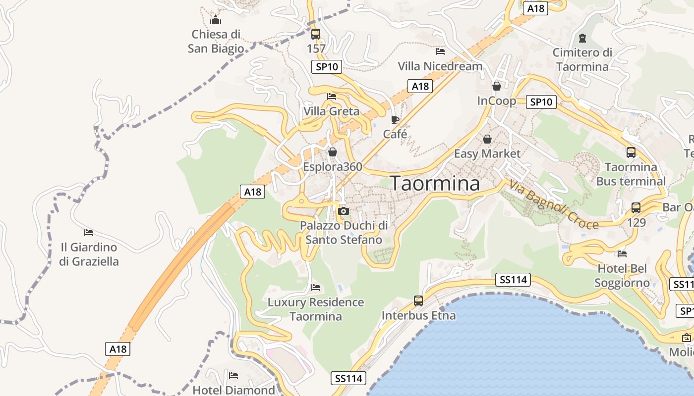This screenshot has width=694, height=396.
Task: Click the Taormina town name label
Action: (x=435, y=184)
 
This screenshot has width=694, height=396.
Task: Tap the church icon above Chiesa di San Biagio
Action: (x=216, y=20)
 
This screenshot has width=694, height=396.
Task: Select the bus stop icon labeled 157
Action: (x=316, y=34)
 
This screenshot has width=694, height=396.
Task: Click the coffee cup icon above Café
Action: (x=395, y=120)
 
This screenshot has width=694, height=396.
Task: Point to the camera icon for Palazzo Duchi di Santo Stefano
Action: (x=343, y=211)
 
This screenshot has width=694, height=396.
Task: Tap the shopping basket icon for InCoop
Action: (x=496, y=87)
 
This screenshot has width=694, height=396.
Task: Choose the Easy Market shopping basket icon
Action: (x=487, y=140)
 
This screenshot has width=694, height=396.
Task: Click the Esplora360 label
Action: (x=333, y=167)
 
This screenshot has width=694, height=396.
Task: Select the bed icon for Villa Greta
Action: (x=332, y=97)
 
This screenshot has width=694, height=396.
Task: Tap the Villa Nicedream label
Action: (x=440, y=66)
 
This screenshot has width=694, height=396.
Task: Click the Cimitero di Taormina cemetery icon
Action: (x=582, y=38)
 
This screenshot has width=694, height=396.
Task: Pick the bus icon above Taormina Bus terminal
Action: (x=631, y=152)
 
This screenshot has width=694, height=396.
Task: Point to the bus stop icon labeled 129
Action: (x=636, y=208)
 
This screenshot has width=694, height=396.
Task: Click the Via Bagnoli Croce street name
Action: (x=554, y=204)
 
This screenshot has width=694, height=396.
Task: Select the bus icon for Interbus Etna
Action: (x=418, y=301)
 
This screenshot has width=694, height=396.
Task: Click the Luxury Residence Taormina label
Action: (x=316, y=309)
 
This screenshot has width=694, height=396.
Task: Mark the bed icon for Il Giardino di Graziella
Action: (x=89, y=232)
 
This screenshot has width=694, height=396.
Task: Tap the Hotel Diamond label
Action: (x=233, y=390)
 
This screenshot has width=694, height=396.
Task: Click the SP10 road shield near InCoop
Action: (x=542, y=102)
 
